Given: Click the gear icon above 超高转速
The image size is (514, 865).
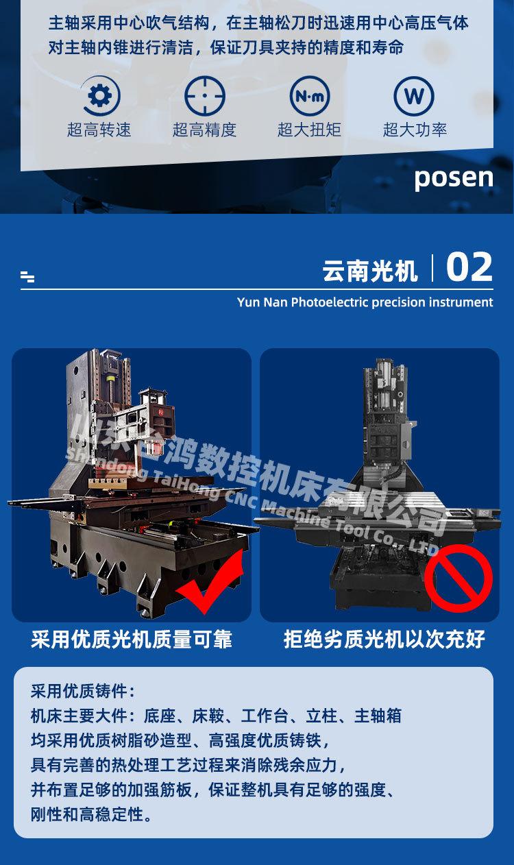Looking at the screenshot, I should point(100,96).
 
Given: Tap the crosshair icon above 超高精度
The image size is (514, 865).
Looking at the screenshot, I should point(205,96).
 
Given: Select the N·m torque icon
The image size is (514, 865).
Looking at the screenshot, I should point(310,96).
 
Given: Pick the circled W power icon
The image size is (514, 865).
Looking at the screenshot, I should point(414,96).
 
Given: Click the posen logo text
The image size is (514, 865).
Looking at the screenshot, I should point(454,178).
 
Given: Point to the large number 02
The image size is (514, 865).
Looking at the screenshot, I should point(469,267).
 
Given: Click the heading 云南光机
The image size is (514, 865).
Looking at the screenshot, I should point(370,271).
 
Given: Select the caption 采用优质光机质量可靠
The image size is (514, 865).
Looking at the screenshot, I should point(132,639).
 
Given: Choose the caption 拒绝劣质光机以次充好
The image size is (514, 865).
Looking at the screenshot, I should point(384,639).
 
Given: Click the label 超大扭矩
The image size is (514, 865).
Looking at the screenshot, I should point(310,130).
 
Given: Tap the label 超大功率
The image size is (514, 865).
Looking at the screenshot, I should point(415,130).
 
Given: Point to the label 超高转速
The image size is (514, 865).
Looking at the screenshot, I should point(99,130).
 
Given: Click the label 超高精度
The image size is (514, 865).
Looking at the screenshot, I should point(204,130).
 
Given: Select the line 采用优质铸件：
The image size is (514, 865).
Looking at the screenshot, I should point(84,691).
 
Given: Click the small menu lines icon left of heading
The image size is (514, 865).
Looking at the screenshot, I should point(27,277).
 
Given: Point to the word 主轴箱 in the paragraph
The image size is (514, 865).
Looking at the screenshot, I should point(378,716).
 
